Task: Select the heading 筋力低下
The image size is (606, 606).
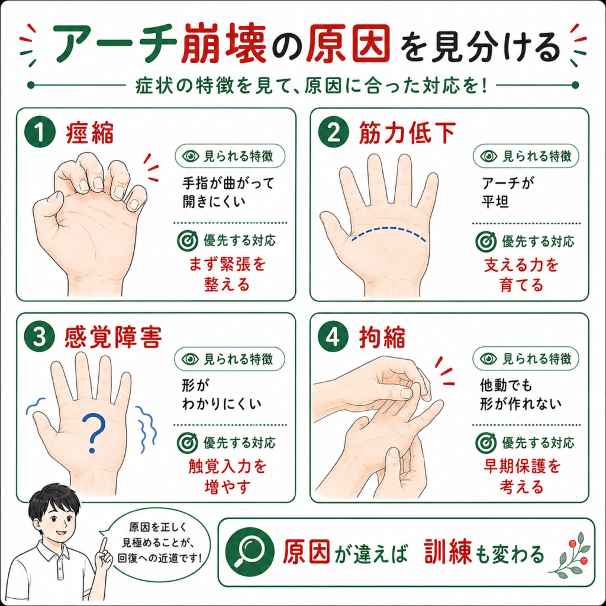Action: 407,133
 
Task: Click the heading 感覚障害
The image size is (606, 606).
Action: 112,337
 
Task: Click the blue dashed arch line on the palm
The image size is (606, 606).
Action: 389,229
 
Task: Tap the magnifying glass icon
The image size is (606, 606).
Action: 250,552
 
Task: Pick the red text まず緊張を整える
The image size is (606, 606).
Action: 227,275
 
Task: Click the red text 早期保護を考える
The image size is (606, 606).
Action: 522,476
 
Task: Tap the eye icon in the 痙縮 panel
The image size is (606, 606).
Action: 190,156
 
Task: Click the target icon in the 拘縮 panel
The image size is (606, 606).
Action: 485,443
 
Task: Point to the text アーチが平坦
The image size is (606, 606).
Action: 507,192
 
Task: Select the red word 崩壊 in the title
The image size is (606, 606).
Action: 224,43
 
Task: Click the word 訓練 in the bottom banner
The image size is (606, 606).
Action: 447,552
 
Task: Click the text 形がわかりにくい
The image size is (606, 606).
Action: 221,395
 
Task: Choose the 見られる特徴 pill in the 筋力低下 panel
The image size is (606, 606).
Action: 526,156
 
